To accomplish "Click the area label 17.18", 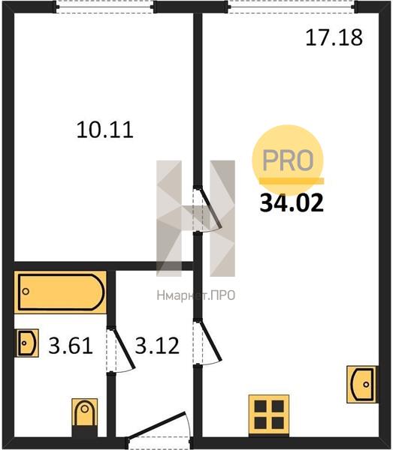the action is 334,38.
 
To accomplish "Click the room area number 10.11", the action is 105,130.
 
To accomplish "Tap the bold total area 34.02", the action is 292,203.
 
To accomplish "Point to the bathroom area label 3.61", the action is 71,346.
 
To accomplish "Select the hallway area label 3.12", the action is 157,346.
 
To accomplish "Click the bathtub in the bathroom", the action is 60,292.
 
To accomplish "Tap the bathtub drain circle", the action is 26,292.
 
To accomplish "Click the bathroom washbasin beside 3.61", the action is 26,343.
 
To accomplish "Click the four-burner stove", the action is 269,415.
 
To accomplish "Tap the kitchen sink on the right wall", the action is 362,384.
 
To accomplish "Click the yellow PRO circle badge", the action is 288,160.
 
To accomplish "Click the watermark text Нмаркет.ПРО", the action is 196,295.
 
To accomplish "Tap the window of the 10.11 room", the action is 105,7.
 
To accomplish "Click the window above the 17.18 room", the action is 292,7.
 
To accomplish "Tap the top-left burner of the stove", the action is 261,406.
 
